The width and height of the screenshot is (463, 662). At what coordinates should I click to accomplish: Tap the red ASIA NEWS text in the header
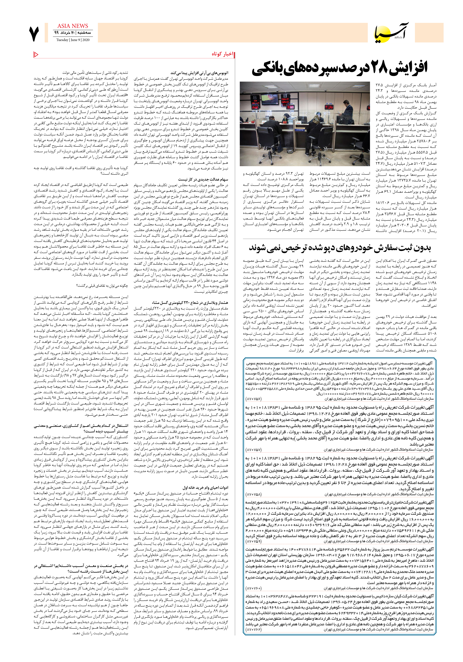[73, 26]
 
